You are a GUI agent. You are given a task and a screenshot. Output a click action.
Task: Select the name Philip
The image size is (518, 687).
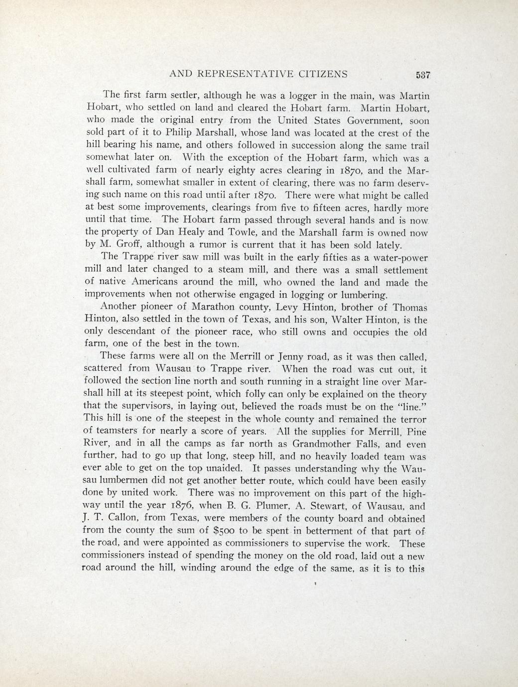(x=164, y=133)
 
